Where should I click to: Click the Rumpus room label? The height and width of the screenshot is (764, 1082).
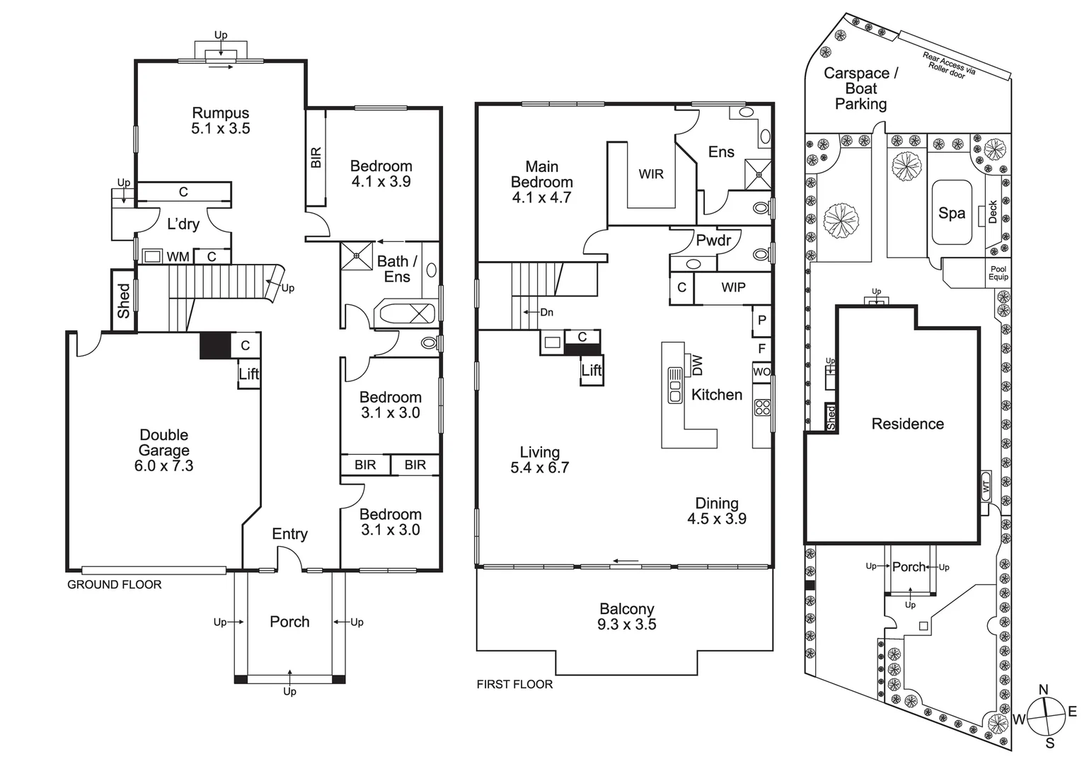pos(221,113)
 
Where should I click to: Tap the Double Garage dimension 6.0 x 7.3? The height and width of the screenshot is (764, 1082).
pos(163,466)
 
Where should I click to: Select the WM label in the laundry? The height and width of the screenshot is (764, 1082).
pos(178,257)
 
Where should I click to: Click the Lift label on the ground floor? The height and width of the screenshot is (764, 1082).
pos(248,374)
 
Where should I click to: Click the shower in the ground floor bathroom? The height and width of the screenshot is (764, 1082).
pos(356,255)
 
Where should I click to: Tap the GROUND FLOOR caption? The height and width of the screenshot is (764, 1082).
pos(114,584)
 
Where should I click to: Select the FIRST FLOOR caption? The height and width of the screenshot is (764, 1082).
pos(514,684)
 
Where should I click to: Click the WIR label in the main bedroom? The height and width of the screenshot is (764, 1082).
pos(651,174)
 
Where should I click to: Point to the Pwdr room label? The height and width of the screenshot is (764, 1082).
pos(713,241)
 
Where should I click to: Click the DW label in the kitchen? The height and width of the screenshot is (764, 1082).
pos(698,365)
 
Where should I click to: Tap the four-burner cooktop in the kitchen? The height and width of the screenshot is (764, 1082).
pos(762,407)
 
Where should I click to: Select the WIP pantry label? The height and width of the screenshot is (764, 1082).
pos(733,287)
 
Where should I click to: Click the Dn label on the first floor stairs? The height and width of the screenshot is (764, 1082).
pos(546,312)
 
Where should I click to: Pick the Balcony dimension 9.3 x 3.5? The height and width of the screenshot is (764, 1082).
pos(626,625)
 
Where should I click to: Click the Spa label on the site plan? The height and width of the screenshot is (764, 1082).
pos(951,213)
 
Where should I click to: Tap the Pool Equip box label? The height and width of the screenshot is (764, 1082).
pos(998,273)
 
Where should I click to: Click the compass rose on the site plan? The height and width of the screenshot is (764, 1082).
pos(1046,716)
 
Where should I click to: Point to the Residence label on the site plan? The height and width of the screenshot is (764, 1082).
pos(907,424)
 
